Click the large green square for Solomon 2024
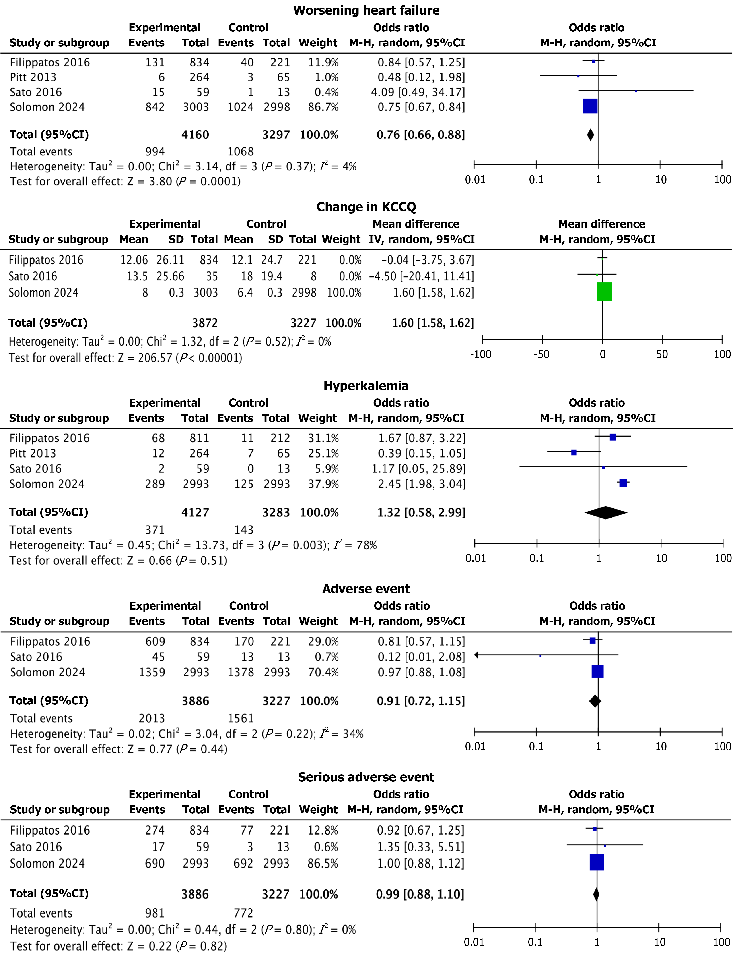[x=604, y=292]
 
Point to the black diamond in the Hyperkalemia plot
[x=606, y=513]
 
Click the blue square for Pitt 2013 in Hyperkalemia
[x=574, y=452]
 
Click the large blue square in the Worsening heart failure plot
[x=590, y=106]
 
